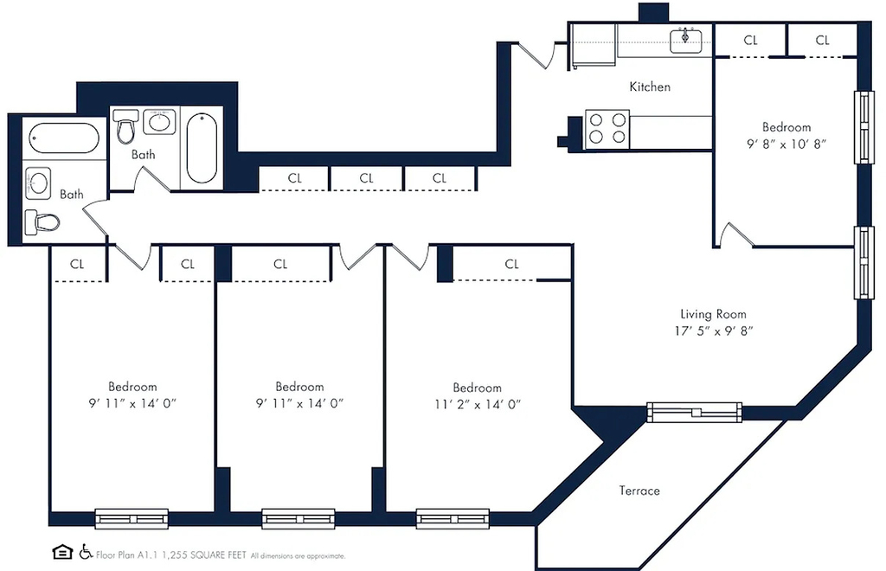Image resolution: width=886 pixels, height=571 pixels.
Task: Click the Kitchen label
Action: pyautogui.click(x=650, y=87)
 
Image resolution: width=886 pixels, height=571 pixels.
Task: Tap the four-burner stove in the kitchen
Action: pyautogui.click(x=607, y=129)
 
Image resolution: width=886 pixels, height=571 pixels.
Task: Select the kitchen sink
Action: pyautogui.click(x=686, y=41)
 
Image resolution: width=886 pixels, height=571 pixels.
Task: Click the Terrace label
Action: pyautogui.click(x=639, y=491)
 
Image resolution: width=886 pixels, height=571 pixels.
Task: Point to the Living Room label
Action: pyautogui.click(x=713, y=314)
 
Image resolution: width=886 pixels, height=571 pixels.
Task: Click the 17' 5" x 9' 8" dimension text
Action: pyautogui.click(x=714, y=331)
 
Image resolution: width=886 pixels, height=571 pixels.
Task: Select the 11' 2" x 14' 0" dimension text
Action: pyautogui.click(x=478, y=404)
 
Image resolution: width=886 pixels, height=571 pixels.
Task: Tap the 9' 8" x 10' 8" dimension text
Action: pyautogui.click(x=786, y=144)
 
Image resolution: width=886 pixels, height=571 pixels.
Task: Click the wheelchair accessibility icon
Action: pyautogui.click(x=86, y=552)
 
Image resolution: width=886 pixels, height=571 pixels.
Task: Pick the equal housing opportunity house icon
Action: pyautogui.click(x=62, y=552)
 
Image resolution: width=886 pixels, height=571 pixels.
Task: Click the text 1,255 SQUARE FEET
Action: pyautogui.click(x=204, y=555)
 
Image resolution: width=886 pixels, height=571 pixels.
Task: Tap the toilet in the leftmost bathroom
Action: pyautogui.click(x=42, y=222)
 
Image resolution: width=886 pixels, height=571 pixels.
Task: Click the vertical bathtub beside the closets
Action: pyautogui.click(x=202, y=148)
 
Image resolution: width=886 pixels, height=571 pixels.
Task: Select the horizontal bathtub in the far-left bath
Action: pyautogui.click(x=64, y=138)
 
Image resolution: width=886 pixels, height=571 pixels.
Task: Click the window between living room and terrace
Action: pyautogui.click(x=694, y=413)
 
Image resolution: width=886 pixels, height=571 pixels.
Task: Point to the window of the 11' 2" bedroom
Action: pyautogui.click(x=453, y=519)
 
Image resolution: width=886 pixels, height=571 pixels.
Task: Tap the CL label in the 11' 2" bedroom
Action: pyautogui.click(x=512, y=264)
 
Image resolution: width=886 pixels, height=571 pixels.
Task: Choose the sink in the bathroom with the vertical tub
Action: pyautogui.click(x=159, y=121)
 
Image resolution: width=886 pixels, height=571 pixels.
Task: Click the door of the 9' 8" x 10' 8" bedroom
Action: pyautogui.click(x=735, y=234)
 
